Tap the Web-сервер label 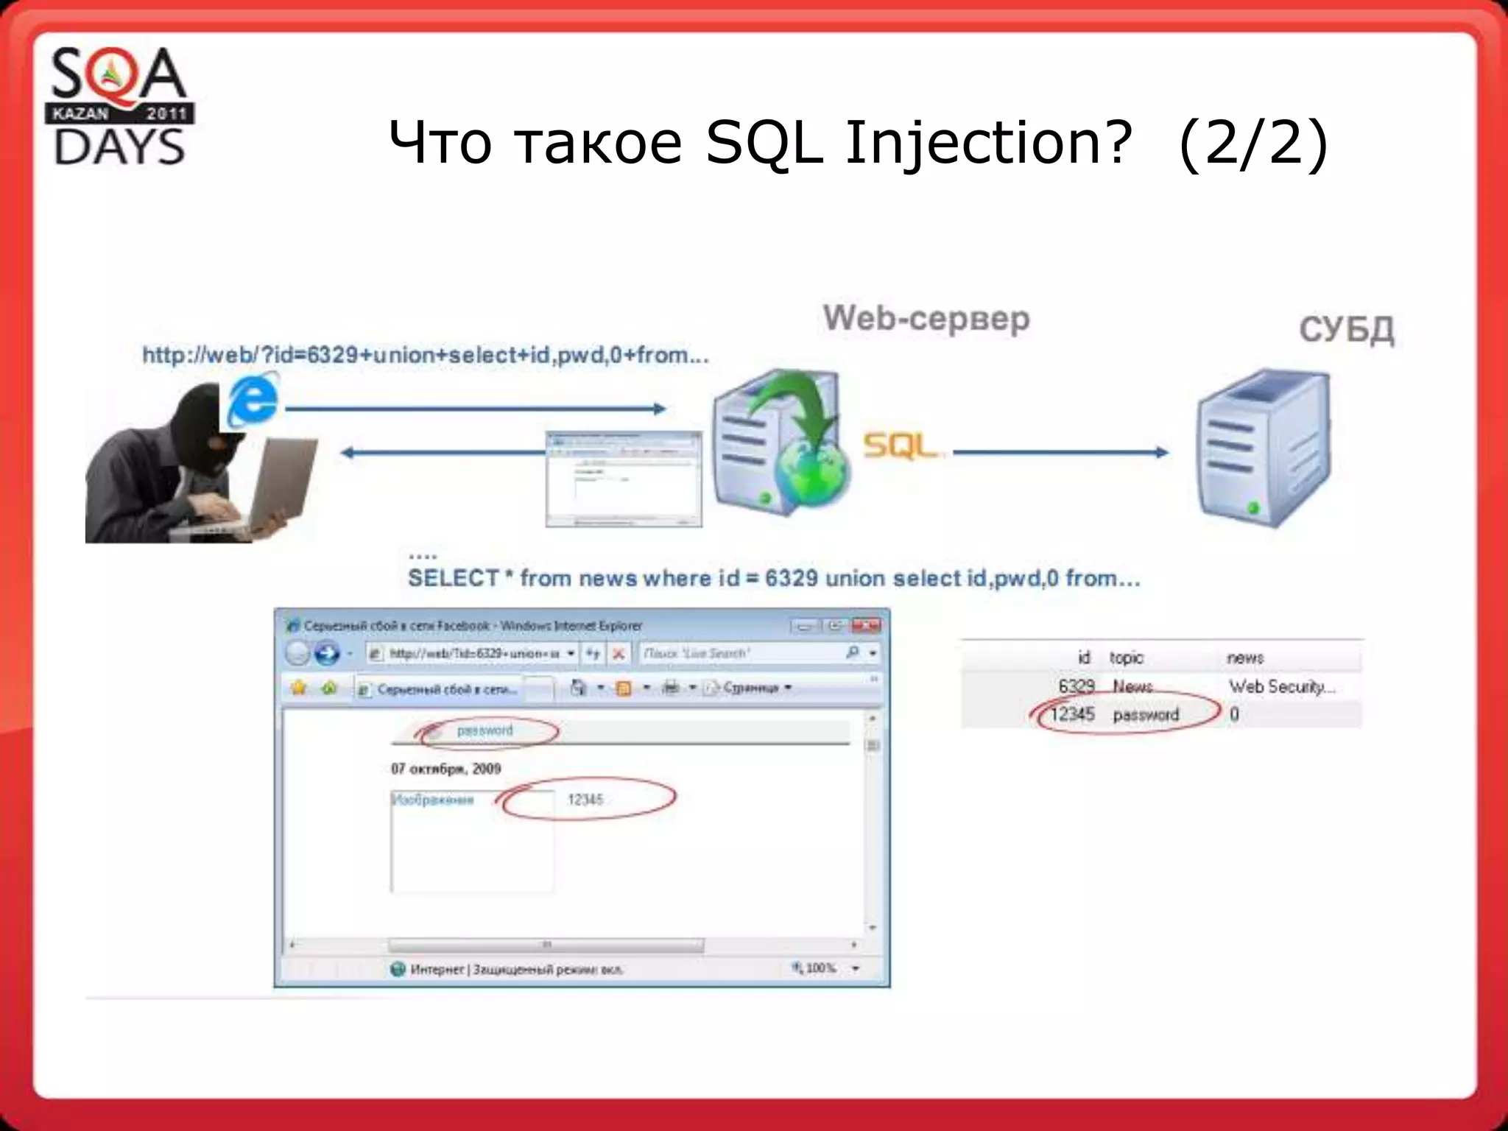coord(926,319)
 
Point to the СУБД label coord(1346,329)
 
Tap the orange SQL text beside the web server coord(899,446)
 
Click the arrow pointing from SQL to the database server coord(1060,452)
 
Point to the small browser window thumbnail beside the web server coord(624,479)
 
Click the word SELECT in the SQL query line coord(454,579)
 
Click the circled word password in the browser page coord(485,730)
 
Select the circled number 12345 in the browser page coord(585,800)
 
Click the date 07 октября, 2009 coord(446,769)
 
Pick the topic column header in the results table coord(1126,658)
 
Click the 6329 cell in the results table coord(1076,686)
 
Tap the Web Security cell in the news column coord(1281,686)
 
